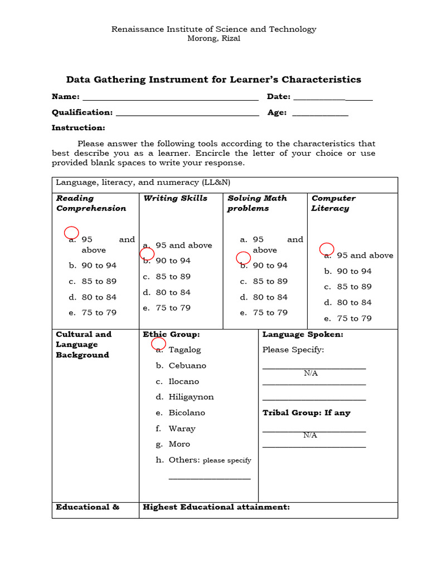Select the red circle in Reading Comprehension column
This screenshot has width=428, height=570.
pyautogui.click(x=71, y=233)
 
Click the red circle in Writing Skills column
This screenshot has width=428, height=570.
pyautogui.click(x=147, y=254)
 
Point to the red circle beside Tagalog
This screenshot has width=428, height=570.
pyautogui.click(x=158, y=343)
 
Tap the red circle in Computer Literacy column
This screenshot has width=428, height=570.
pyautogui.click(x=326, y=249)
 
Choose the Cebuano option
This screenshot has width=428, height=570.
pyautogui.click(x=187, y=366)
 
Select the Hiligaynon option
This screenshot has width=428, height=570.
pyautogui.click(x=191, y=397)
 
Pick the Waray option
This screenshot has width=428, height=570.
pyautogui.click(x=182, y=429)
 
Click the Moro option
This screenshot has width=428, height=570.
pyautogui.click(x=179, y=444)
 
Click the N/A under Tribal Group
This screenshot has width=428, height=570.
pyautogui.click(x=310, y=435)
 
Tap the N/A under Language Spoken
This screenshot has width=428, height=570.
pyautogui.click(x=310, y=373)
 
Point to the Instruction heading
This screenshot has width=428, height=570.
pyautogui.click(x=78, y=128)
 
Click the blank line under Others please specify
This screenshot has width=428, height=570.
pyautogui.click(x=209, y=478)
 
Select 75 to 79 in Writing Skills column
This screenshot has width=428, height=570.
pyautogui.click(x=173, y=308)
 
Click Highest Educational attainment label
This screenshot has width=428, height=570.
pyautogui.click(x=216, y=507)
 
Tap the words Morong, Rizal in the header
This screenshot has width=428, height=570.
pyautogui.click(x=213, y=38)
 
